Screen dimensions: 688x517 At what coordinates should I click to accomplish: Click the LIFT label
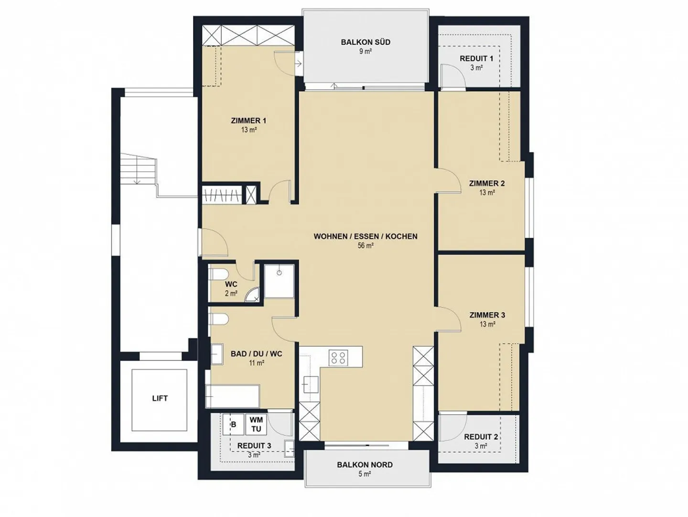160,398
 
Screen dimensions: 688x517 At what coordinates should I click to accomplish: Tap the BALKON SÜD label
366,42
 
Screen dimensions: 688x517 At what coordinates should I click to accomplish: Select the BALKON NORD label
365,464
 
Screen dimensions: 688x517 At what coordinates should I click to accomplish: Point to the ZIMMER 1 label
248,121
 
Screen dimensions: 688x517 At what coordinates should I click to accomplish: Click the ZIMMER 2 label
487,183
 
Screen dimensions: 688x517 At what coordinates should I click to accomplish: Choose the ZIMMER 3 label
487,315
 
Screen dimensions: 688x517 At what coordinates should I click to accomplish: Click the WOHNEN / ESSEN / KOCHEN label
365,237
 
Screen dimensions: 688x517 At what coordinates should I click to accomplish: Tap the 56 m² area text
365,246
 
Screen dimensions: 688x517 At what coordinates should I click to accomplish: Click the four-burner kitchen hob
338,357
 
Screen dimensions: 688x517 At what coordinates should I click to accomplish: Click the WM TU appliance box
257,424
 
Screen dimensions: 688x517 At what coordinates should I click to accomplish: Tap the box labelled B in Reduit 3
234,424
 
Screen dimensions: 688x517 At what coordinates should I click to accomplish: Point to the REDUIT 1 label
476,58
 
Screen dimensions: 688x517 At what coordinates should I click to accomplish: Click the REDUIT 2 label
481,437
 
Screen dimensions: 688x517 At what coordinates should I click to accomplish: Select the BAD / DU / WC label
257,354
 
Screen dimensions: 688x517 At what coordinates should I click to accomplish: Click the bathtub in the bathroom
233,396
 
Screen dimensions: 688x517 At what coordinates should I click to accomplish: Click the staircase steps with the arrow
139,169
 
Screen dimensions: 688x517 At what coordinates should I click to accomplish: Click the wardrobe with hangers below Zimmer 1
222,195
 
